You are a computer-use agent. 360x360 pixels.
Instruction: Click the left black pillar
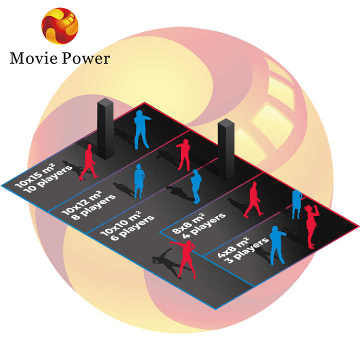[105, 128]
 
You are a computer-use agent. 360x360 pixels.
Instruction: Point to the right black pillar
[226, 149]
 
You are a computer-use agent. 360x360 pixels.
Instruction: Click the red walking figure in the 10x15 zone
[88, 162]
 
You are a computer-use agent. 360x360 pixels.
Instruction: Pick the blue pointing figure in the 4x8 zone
[276, 245]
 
